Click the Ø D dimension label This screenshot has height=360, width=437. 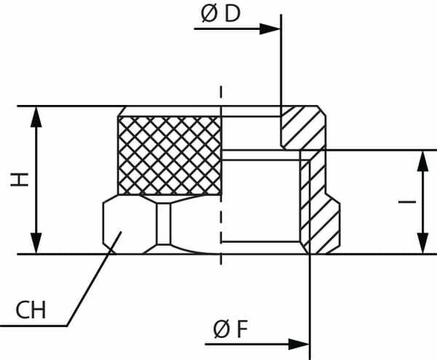[x=221, y=15]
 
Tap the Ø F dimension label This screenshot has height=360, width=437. [x=230, y=329]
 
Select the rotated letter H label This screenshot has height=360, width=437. [x=20, y=179]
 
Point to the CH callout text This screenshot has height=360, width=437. [x=31, y=310]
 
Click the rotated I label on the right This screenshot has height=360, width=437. [x=407, y=202]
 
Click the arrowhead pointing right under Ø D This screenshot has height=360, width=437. [x=269, y=28]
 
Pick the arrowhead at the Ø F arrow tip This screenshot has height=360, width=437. [x=299, y=344]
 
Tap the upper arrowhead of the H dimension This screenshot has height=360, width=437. [x=36, y=117]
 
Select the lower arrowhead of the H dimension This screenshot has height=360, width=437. [x=36, y=243]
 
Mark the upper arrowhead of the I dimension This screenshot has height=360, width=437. [x=422, y=161]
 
